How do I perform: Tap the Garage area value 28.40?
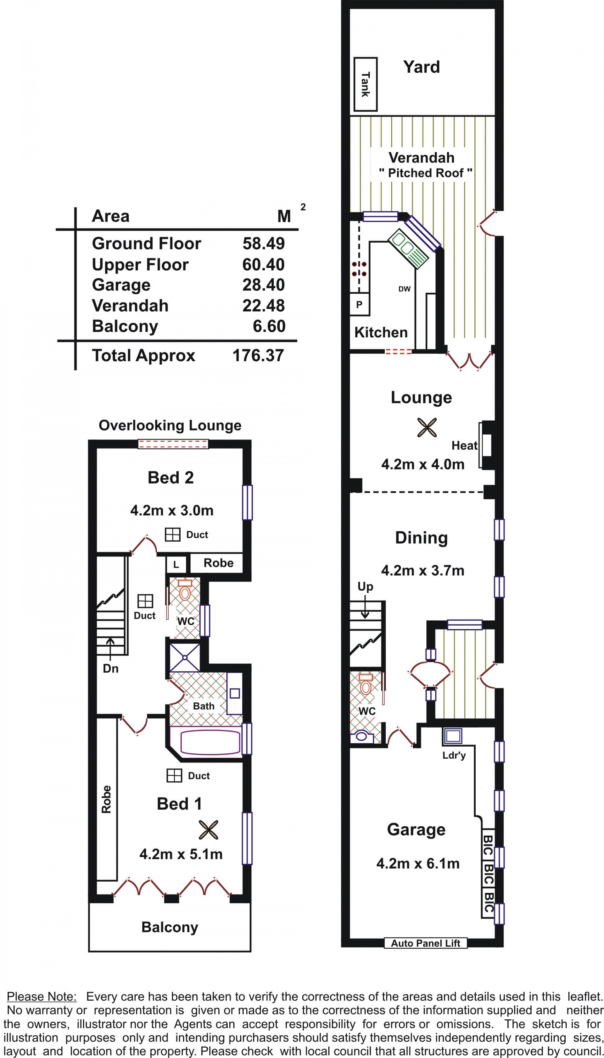(x=263, y=285)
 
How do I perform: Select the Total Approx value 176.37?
(x=258, y=355)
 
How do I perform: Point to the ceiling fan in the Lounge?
(x=427, y=428)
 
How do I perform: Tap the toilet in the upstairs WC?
(x=185, y=590)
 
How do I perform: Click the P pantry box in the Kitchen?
(x=359, y=305)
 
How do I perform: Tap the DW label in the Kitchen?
(x=405, y=289)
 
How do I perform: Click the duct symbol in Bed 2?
(x=173, y=535)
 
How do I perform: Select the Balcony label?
(x=170, y=927)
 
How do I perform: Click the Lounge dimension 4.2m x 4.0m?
(x=423, y=464)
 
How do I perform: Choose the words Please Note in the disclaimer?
(x=42, y=997)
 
